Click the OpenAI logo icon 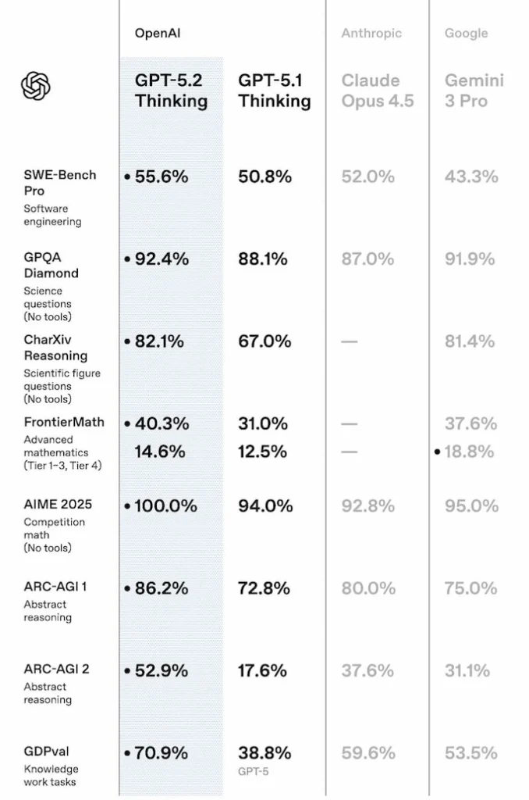coord(36,86)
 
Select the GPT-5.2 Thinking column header coord(171,91)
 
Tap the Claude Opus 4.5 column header coord(378,91)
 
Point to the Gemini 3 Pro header coord(474,91)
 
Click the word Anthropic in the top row coord(371,34)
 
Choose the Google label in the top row coord(466,34)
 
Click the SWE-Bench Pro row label coord(60,182)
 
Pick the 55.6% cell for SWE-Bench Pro coord(162,177)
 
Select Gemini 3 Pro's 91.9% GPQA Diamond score coord(471,259)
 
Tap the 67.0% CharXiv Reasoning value coord(264,341)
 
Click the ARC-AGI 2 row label coord(56,669)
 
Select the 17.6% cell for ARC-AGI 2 coord(263,670)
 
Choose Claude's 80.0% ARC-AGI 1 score coord(367,588)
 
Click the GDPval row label coord(46,752)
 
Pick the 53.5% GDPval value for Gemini coord(471,753)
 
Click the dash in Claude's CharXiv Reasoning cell coord(350,341)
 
